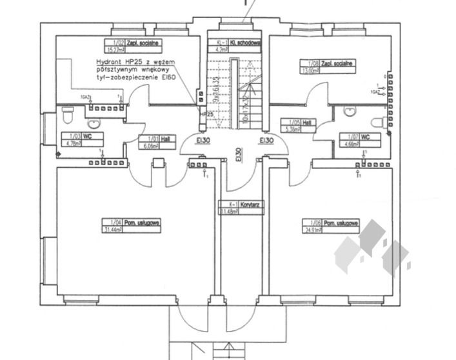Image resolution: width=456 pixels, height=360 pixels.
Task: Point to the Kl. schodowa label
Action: tap(237, 41)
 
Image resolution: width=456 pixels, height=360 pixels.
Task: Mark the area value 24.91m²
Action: tap(313, 229)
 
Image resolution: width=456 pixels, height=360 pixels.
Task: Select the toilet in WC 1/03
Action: tap(66, 115)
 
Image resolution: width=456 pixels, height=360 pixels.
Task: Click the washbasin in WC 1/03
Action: tap(94, 122)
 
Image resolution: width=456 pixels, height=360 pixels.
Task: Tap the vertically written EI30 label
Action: tap(239, 154)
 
